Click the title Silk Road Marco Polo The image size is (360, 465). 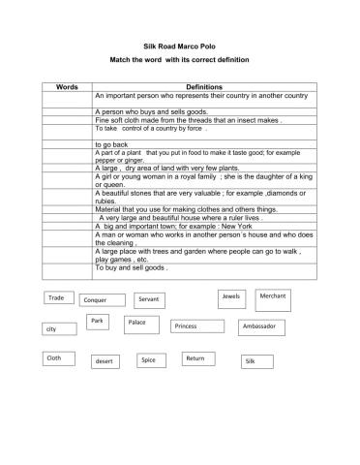(180, 46)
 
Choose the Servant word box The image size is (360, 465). (150, 299)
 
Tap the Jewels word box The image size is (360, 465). (231, 295)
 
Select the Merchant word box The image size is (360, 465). (272, 295)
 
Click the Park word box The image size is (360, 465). (97, 321)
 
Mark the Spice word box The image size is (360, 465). (150, 360)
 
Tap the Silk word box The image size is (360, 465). (255, 361)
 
